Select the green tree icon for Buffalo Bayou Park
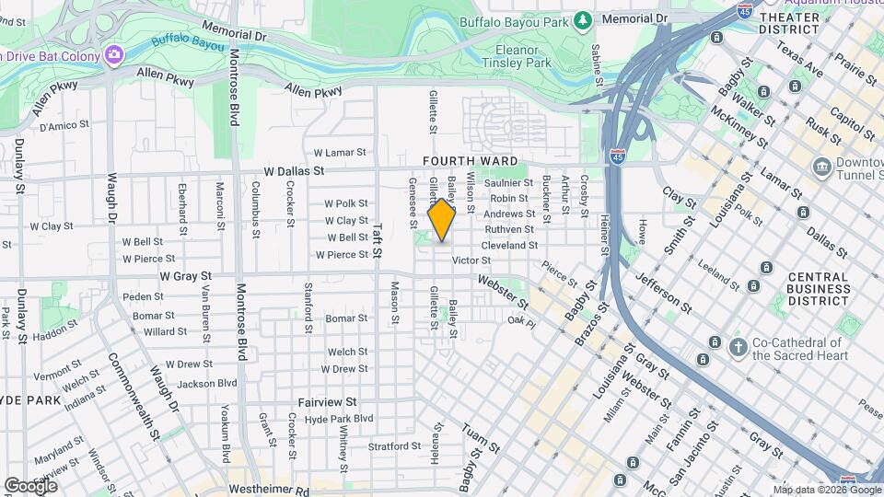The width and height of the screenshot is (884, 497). [581, 19]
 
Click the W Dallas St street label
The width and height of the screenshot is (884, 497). [294, 171]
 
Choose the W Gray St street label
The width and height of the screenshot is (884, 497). [185, 275]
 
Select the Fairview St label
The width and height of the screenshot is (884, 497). [327, 402]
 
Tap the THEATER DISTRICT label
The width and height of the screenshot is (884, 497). [788, 23]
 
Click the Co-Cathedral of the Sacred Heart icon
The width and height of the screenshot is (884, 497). [737, 348]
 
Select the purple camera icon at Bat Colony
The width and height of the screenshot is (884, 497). [113, 54]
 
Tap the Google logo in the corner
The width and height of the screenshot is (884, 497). [30, 485]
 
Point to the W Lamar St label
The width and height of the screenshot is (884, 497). [340, 153]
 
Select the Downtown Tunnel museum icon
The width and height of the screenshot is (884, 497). [821, 167]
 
